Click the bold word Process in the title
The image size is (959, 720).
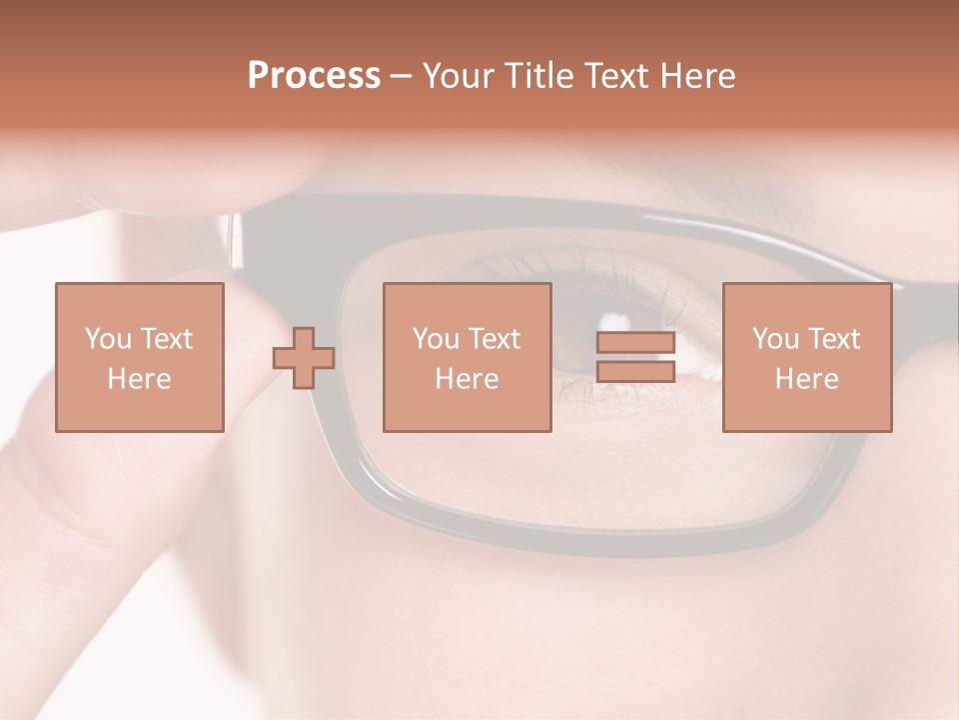[x=314, y=76]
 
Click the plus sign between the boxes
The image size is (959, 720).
[x=304, y=358]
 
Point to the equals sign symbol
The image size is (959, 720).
[x=635, y=358]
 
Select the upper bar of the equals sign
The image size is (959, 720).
[x=635, y=344]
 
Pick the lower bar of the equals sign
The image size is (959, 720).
[x=635, y=372]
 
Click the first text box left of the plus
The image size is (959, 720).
[x=139, y=357]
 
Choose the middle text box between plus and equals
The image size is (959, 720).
[x=467, y=357]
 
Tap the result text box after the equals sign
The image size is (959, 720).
[x=806, y=357]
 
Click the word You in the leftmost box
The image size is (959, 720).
[x=108, y=339]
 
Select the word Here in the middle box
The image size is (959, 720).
[x=467, y=379]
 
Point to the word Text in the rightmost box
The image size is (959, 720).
[x=833, y=339]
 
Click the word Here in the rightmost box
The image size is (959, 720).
[x=806, y=379]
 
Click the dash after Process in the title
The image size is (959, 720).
[x=401, y=76]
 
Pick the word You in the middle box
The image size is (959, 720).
[x=436, y=339]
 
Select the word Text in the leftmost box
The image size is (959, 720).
[x=166, y=339]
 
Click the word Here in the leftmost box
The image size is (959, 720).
[x=139, y=379]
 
